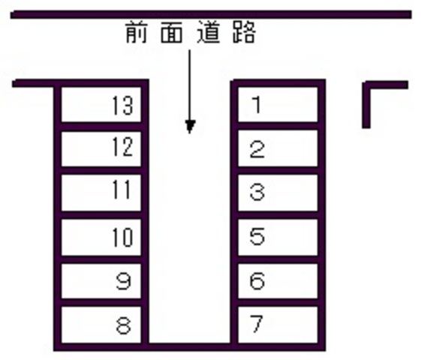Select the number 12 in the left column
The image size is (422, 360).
(122, 147)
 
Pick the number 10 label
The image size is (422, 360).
(122, 237)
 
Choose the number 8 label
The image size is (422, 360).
(124, 325)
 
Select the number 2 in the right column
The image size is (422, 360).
(257, 149)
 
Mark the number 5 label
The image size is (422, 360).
(257, 236)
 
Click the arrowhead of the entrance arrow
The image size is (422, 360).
(190, 127)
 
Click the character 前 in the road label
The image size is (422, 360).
(137, 32)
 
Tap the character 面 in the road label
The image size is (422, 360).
(172, 32)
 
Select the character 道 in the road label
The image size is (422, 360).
(208, 32)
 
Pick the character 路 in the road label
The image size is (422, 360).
(244, 32)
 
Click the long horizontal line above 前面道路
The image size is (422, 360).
(211, 14)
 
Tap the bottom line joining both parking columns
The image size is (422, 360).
(189, 347)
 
